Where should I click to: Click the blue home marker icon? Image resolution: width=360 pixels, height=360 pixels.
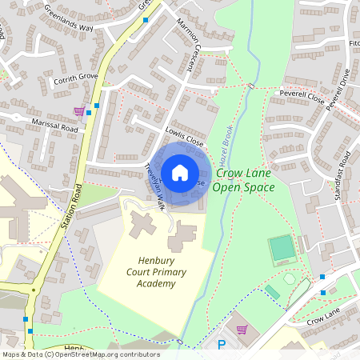click(180, 172)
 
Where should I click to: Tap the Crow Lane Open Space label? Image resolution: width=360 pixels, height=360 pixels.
click(244, 180)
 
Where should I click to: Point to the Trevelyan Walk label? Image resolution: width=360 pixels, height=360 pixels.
click(154, 187)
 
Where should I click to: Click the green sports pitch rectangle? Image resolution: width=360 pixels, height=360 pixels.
click(282, 249)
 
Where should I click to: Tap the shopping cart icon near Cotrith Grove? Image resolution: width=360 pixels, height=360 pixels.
click(79, 112)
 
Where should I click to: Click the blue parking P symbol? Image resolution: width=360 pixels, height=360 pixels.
click(222, 345)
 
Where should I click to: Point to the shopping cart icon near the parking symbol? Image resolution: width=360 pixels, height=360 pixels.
click(242, 329)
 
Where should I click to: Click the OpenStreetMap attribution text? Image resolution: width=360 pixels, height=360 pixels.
click(81, 354)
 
